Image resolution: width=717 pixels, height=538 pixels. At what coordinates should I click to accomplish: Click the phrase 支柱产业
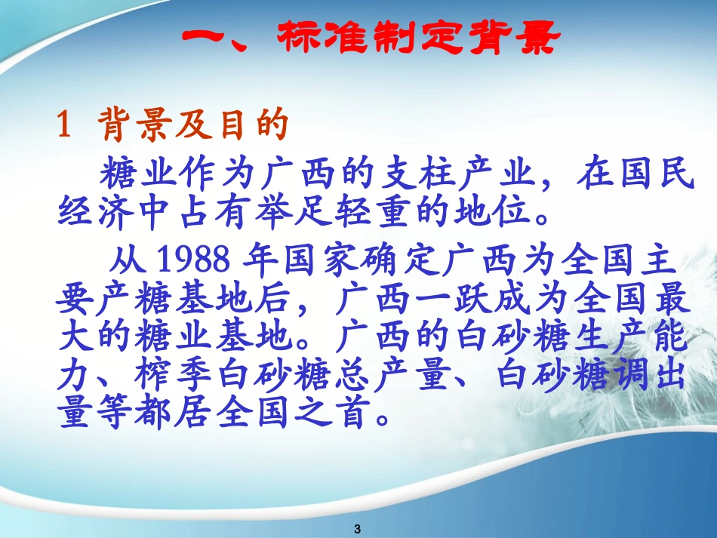click(x=437, y=176)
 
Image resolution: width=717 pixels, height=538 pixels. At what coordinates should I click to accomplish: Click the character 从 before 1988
click(x=127, y=262)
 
